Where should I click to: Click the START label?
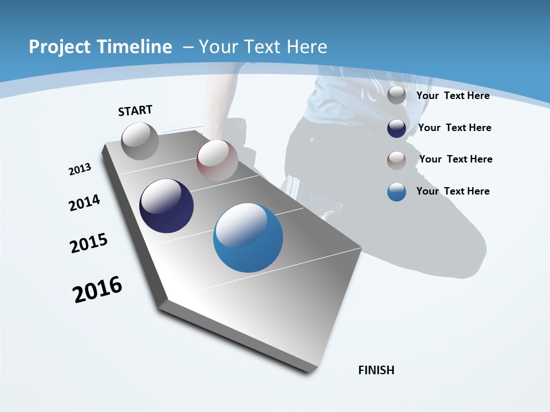tap(135, 110)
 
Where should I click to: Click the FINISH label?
tap(376, 370)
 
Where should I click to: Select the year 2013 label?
tap(80, 169)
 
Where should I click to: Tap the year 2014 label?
tap(84, 203)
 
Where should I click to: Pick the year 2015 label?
tap(89, 243)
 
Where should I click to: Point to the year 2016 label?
tap(97, 290)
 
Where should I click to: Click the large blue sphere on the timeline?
tap(248, 237)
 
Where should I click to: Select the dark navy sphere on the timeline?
tap(167, 206)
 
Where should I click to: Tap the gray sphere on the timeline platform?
tap(140, 141)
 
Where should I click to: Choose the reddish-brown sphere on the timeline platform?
tap(217, 160)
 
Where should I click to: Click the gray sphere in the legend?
tap(396, 96)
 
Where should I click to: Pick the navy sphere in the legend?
tap(396, 128)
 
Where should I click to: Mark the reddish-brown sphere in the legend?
tap(396, 160)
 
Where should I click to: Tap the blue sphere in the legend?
tap(396, 192)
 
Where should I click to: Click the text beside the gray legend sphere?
tap(453, 96)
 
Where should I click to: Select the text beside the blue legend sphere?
tap(453, 191)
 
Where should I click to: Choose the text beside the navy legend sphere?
tap(454, 128)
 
